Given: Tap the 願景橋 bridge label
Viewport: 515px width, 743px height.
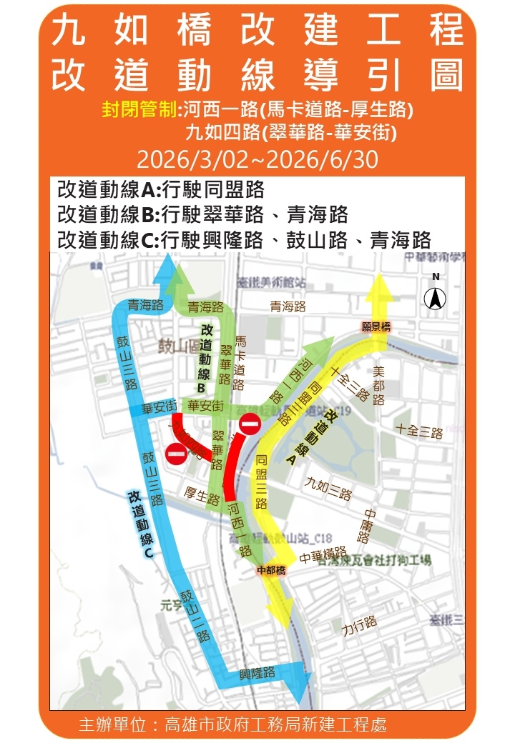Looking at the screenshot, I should point(376,326).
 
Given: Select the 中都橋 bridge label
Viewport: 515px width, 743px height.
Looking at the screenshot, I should point(272,569).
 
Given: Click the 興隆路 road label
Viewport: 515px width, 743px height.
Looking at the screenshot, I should point(257,672).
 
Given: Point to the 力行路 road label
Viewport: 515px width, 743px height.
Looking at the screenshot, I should point(359,626).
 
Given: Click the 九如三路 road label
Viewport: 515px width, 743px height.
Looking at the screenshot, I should point(328,489).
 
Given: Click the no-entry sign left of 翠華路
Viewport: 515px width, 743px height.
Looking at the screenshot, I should point(176,452).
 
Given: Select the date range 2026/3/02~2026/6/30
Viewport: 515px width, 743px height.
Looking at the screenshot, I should point(257,159).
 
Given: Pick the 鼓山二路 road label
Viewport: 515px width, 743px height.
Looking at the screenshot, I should point(195,614).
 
